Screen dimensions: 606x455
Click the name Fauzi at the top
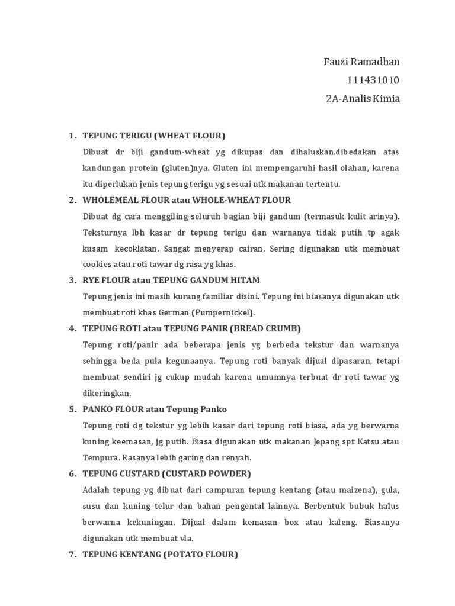coord(338,62)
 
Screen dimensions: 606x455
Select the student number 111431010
coord(374,80)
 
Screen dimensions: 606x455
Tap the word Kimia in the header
coord(386,99)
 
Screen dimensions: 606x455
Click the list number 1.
coord(72,136)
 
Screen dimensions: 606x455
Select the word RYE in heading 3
coord(91,280)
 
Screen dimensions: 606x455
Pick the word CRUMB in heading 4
coord(283,328)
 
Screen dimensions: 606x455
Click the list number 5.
coord(72,409)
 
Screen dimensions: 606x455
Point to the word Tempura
coord(102,457)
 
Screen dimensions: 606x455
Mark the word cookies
coord(98,264)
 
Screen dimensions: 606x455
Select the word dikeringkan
coord(107,392)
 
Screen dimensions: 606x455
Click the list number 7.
coord(72,555)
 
